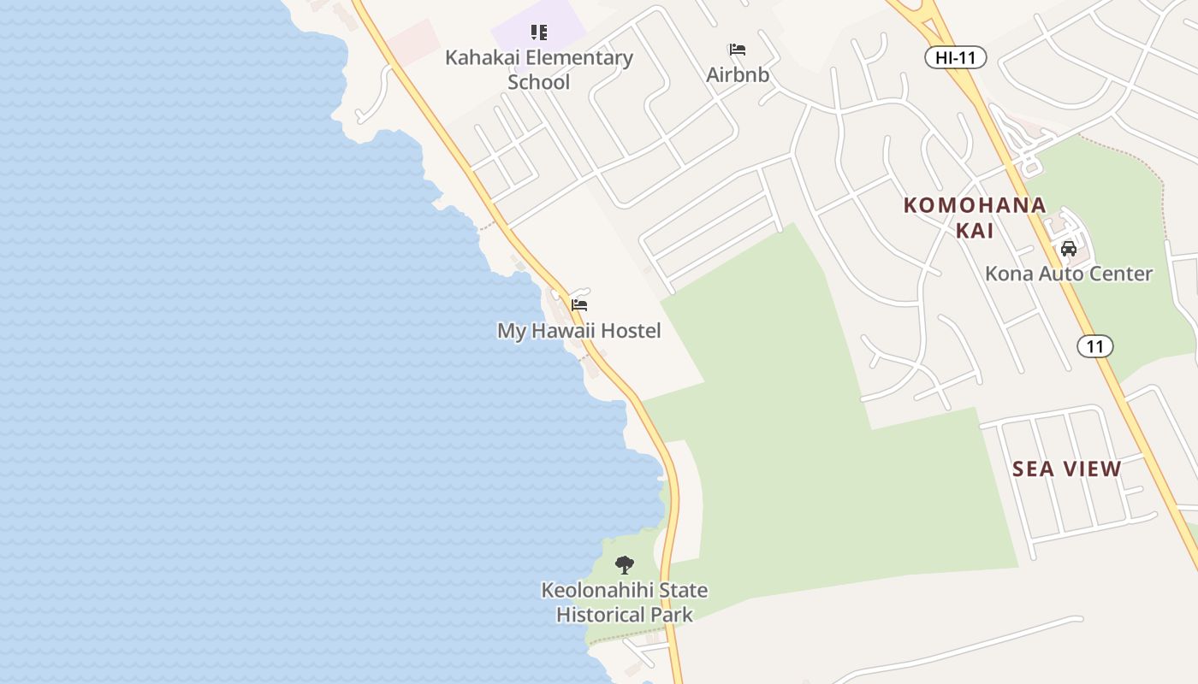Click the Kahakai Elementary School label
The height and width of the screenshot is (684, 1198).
(539, 69)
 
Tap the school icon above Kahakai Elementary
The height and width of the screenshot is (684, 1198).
(538, 32)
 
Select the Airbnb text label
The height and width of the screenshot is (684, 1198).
(738, 75)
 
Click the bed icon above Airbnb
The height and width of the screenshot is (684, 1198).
(737, 50)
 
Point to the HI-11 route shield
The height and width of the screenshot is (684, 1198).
(955, 58)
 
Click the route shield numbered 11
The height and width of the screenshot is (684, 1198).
(1094, 346)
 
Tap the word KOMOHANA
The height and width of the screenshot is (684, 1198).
(975, 205)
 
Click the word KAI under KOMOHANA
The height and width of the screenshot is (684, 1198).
(975, 230)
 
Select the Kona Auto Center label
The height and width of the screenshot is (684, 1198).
(1069, 274)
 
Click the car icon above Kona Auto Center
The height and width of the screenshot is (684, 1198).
(1068, 249)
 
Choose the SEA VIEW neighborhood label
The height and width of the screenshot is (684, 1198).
(1066, 469)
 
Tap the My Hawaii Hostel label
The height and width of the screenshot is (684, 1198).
(579, 331)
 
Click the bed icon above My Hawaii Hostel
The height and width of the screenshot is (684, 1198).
(579, 305)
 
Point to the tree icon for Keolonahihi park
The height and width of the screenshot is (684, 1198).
(625, 565)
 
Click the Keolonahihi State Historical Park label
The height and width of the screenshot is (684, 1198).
(625, 602)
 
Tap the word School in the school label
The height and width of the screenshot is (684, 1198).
(539, 82)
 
